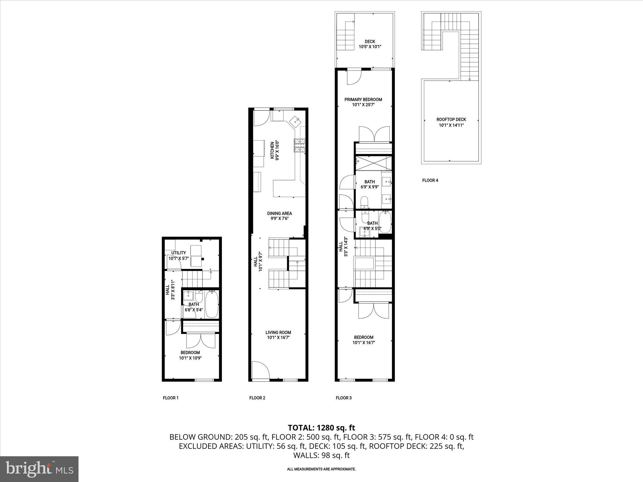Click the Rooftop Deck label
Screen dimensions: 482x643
pyautogui.click(x=451, y=122)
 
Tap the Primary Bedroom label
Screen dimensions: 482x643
pyautogui.click(x=363, y=102)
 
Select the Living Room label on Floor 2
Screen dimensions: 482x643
pyautogui.click(x=278, y=335)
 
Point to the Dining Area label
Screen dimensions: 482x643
pyautogui.click(x=279, y=216)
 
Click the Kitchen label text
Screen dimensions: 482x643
pyautogui.click(x=275, y=150)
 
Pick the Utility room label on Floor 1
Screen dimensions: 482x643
pyautogui.click(x=178, y=255)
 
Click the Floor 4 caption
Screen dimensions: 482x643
pyautogui.click(x=430, y=180)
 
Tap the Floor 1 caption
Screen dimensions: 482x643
pyautogui.click(x=170, y=398)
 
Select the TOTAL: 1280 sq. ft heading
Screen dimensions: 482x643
pyautogui.click(x=321, y=427)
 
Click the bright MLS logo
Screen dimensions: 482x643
pyautogui.click(x=39, y=469)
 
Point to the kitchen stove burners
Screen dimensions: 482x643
pyautogui.click(x=300, y=146)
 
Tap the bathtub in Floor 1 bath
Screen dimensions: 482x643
pyautogui.click(x=212, y=304)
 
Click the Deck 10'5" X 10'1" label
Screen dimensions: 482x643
pyautogui.click(x=370, y=44)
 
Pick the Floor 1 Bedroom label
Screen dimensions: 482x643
pyautogui.click(x=190, y=355)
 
